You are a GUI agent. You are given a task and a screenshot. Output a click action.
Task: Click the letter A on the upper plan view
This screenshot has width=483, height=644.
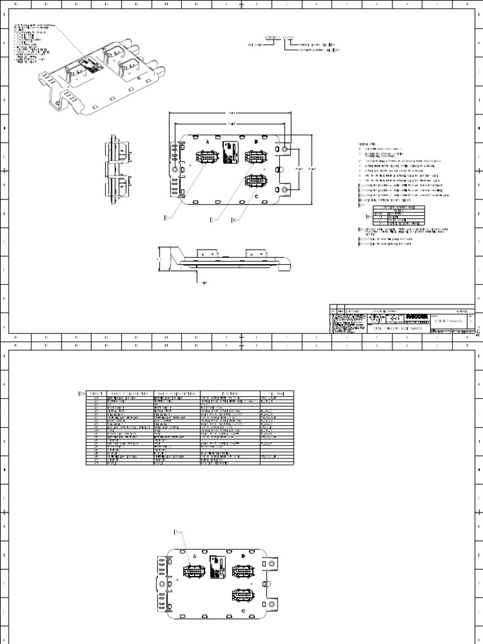tap(207, 142)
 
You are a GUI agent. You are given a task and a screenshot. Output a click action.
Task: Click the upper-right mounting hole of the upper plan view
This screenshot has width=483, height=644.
tap(286, 149)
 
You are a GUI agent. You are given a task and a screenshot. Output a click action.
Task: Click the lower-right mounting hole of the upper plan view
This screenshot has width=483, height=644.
tap(286, 189)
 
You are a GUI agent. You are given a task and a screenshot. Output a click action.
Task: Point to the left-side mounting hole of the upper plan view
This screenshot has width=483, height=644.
tap(175, 169)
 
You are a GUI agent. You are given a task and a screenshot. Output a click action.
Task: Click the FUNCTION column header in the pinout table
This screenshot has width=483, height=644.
tap(228, 394)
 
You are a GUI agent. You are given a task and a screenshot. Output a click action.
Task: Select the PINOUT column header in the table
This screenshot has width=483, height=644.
tap(97, 394)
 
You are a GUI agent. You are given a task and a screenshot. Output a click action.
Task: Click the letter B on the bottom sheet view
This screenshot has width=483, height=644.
tap(243, 556)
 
